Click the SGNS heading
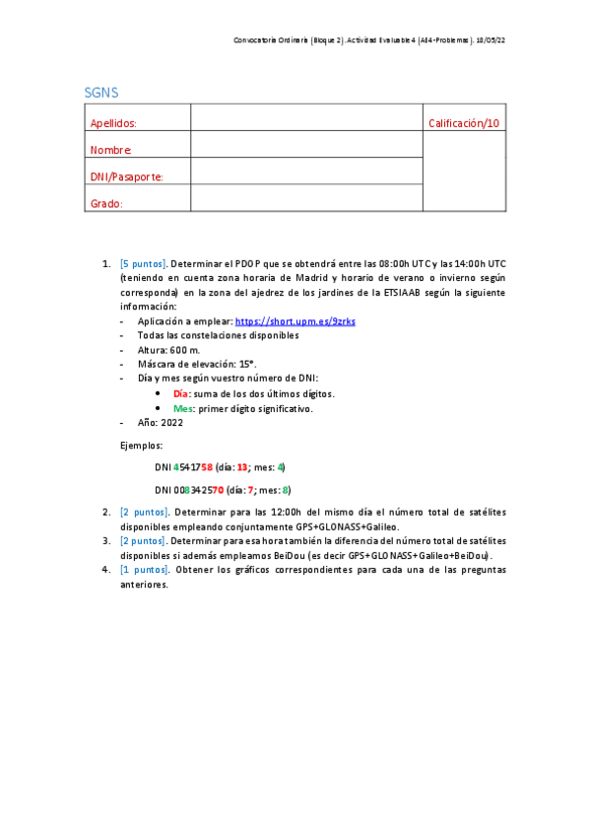pos(101,93)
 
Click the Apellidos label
pos(113,123)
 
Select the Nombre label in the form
pos(110,150)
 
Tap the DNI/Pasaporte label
pos(126,176)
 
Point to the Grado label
pos(106,203)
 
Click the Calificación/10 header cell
pos(464,123)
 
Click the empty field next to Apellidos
pos(305,118)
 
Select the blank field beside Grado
pos(305,198)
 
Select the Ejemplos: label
pos(143,446)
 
